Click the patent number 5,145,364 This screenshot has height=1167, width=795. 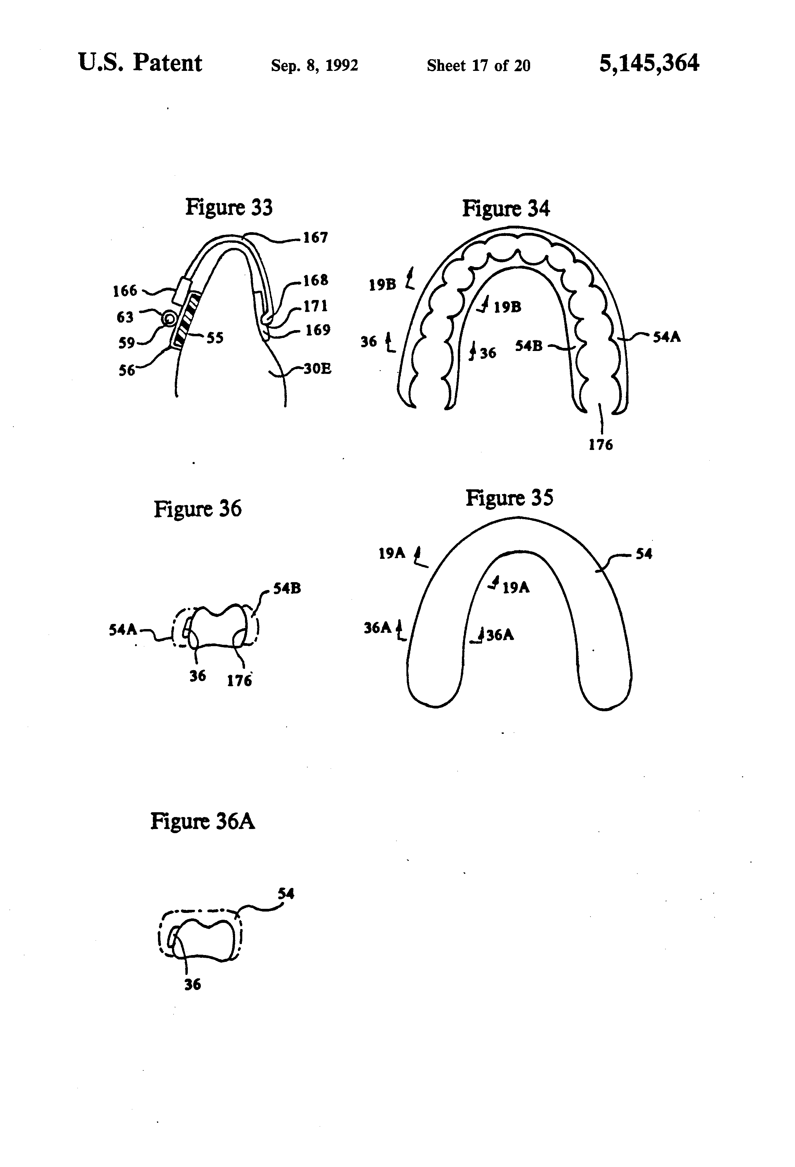click(x=648, y=64)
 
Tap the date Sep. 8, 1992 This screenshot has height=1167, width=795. click(x=314, y=65)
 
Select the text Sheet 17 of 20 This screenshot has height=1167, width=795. click(x=478, y=65)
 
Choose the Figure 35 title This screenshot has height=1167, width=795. click(x=509, y=498)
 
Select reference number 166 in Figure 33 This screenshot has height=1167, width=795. click(x=125, y=290)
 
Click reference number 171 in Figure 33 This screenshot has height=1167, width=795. click(x=315, y=305)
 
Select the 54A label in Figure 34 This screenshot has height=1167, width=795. click(x=666, y=337)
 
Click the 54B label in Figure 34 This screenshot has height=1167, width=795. click(x=529, y=346)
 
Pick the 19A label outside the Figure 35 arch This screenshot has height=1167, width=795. click(x=391, y=553)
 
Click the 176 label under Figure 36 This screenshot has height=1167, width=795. click(x=239, y=680)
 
